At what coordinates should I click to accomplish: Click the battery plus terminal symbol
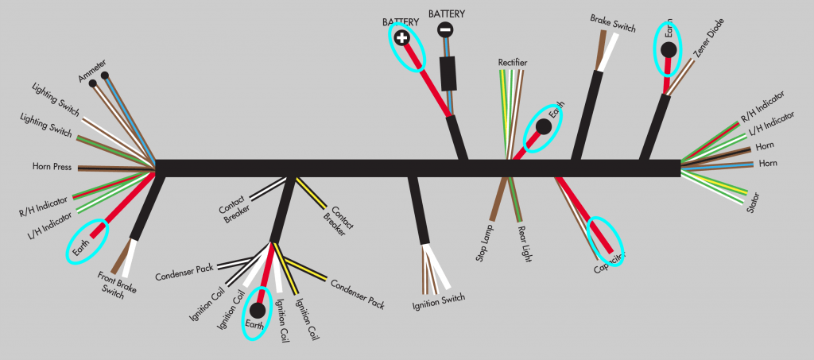402,37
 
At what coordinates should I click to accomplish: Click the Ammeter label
92,70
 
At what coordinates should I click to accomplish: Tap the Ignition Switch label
438,299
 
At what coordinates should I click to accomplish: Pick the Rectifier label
513,62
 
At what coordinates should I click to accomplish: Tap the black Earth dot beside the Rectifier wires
544,126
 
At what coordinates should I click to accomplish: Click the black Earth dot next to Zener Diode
669,50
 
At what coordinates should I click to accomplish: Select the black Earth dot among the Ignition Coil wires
258,310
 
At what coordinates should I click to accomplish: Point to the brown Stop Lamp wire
498,199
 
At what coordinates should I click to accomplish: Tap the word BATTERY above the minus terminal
447,14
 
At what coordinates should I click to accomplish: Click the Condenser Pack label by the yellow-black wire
357,293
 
